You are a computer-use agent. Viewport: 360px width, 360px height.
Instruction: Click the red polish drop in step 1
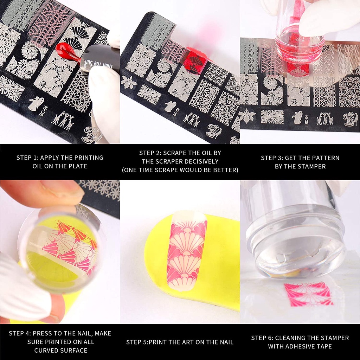pyautogui.click(x=67, y=52)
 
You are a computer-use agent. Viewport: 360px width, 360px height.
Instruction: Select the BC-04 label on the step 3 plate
pyautogui.click(x=307, y=119)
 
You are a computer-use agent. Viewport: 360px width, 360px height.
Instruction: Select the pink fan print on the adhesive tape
pyautogui.click(x=309, y=294)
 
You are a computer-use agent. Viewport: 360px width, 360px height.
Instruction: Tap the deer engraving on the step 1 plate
pyautogui.click(x=64, y=120)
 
